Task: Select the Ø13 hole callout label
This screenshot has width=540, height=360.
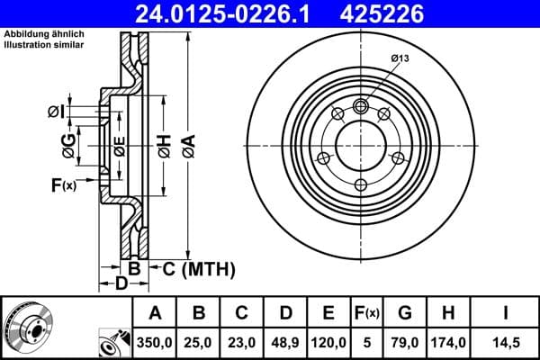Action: click(401, 58)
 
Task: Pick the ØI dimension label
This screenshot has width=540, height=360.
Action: click(56, 112)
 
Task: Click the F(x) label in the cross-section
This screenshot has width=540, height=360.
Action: click(63, 185)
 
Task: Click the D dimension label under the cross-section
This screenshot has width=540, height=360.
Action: click(121, 285)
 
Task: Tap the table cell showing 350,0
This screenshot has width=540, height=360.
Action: click(155, 343)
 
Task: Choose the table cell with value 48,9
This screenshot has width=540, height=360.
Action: click(285, 343)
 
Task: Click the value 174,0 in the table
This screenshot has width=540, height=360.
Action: click(448, 343)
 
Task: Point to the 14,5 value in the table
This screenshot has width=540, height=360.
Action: click(506, 343)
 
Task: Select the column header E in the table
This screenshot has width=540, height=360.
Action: click(328, 313)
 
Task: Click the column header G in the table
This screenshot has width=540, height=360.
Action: click(404, 313)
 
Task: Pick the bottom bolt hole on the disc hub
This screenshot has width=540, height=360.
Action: click(361, 184)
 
